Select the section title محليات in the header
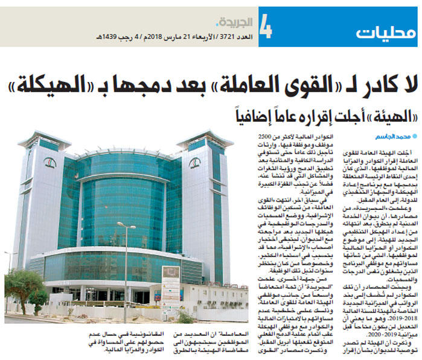click(x=380, y=31)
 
